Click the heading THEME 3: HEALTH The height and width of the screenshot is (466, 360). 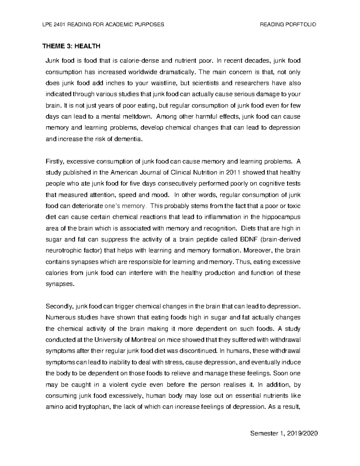coord(71,46)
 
